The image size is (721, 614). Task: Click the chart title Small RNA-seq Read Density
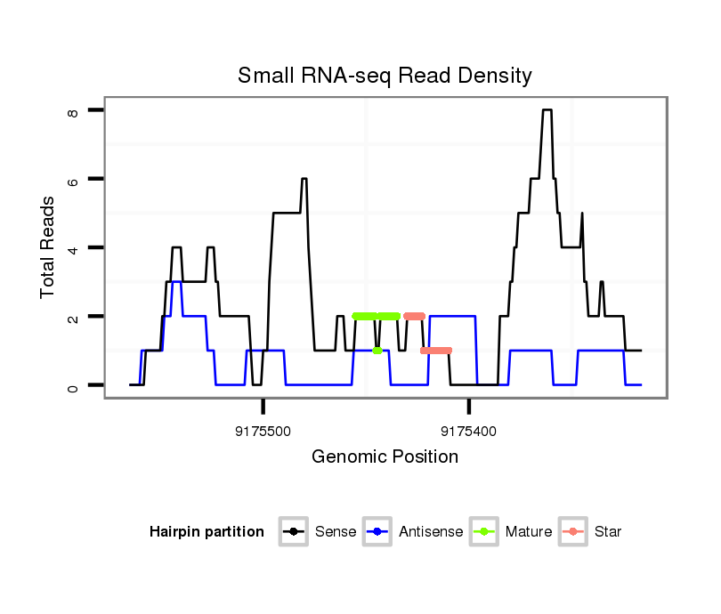coord(385,76)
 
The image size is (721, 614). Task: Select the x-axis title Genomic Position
coord(385,457)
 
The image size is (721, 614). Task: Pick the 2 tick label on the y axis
coord(73,317)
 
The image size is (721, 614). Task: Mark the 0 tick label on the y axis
coord(73,385)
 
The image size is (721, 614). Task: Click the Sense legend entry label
coord(336,532)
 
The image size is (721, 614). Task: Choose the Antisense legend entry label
coord(431,532)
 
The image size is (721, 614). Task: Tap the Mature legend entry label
coord(529,532)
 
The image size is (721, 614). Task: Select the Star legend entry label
coord(607,532)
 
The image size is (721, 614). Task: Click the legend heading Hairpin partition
coord(207,532)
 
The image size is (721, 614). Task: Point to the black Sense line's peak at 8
coord(547,110)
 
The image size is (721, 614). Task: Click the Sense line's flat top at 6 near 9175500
coord(304,179)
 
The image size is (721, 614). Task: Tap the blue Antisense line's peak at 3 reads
coord(177,282)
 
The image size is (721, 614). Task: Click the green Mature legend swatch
coord(485,532)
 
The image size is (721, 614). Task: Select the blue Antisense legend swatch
coord(378,532)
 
